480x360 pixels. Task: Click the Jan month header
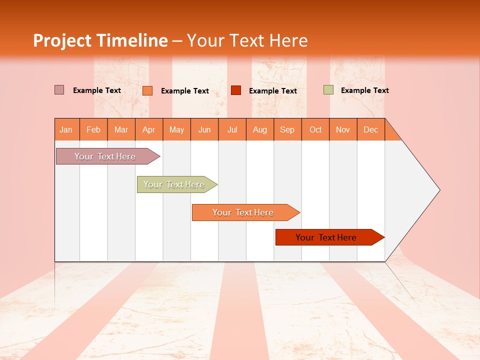(66, 129)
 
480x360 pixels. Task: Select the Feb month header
(93, 129)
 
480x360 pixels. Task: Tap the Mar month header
(121, 129)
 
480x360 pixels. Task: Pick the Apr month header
(149, 129)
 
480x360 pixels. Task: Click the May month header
(176, 129)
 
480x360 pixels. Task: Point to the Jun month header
(204, 129)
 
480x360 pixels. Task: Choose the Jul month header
(232, 129)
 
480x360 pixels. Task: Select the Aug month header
(260, 129)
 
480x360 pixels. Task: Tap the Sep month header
(287, 129)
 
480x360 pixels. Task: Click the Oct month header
(315, 129)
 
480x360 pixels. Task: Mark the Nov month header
(343, 129)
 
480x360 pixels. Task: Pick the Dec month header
(371, 129)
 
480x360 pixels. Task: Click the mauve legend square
(59, 90)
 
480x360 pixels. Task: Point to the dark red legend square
(236, 90)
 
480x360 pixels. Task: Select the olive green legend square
(328, 90)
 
